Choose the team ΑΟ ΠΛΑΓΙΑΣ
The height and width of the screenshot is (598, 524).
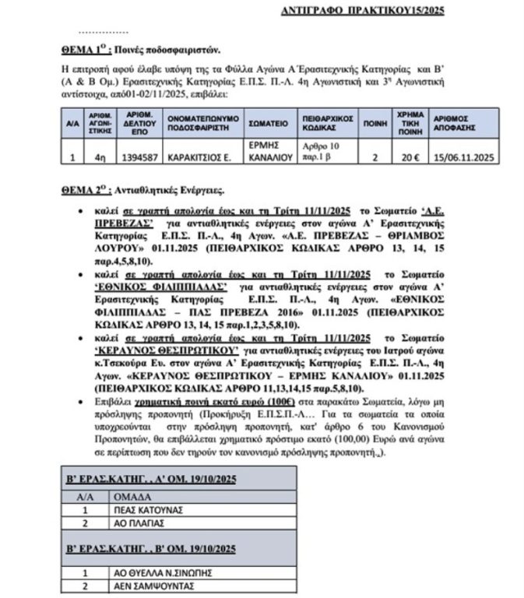pos(137,524)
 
